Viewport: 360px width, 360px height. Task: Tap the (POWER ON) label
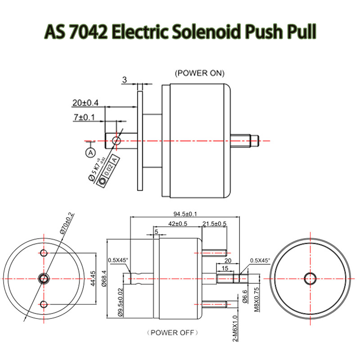[199, 73]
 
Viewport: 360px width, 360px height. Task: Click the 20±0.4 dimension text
[85, 103]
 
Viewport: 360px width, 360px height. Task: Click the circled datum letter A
[90, 152]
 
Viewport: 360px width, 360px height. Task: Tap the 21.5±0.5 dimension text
[215, 224]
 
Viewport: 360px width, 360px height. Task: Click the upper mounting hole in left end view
[44, 253]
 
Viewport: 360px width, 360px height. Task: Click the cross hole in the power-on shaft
[117, 141]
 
